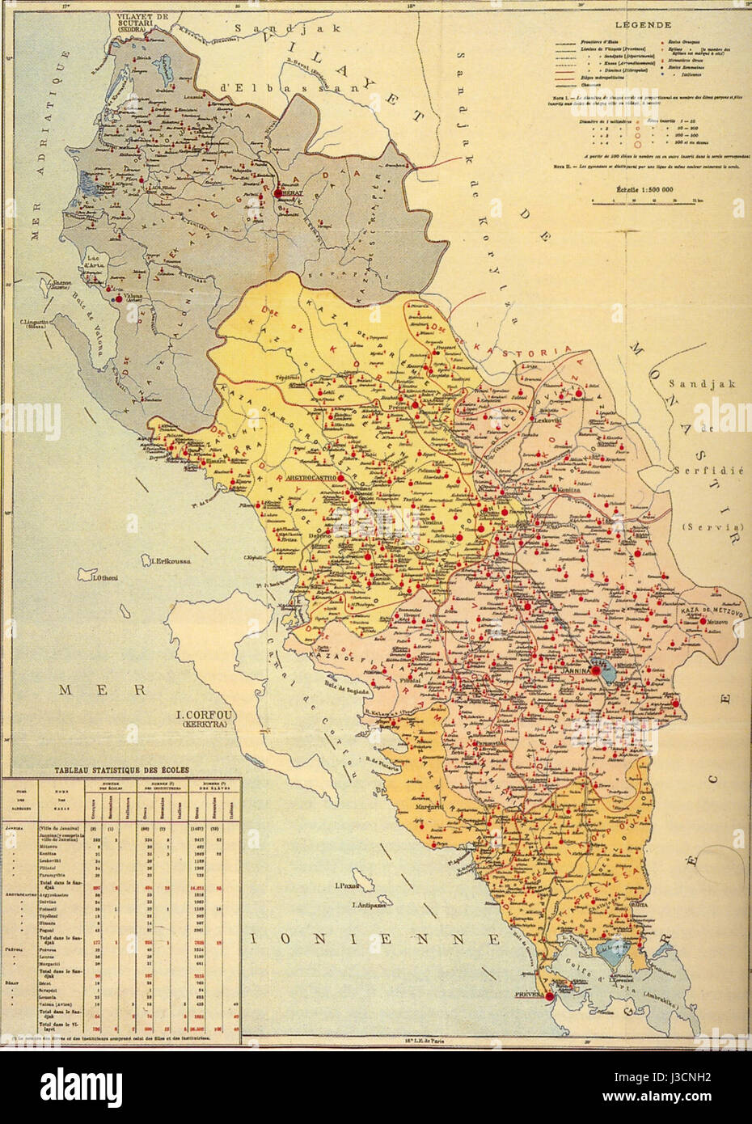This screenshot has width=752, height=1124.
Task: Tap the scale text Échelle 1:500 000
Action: pyautogui.click(x=640, y=189)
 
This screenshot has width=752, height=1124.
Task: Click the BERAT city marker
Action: pyautogui.click(x=279, y=192)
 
